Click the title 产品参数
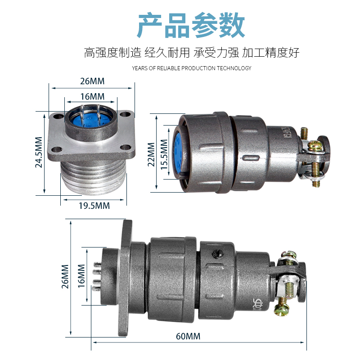tap(191, 25)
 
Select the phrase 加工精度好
tap(270, 53)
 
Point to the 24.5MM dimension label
tap(39, 152)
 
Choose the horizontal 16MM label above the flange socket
tap(92, 96)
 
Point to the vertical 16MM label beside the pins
tap(81, 276)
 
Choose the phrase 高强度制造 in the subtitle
tap(112, 53)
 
